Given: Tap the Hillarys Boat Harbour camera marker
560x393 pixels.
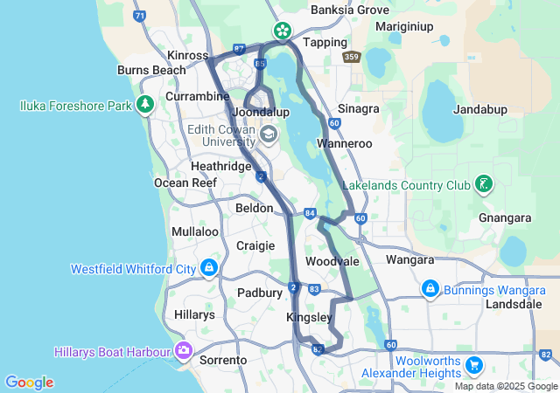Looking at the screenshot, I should (x=184, y=351).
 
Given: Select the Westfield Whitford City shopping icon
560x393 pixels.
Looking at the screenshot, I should (x=208, y=267).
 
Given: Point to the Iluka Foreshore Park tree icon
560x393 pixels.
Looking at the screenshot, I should (x=144, y=105).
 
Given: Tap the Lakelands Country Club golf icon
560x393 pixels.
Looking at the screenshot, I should (x=482, y=184).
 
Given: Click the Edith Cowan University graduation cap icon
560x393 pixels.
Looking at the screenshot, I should (x=267, y=134).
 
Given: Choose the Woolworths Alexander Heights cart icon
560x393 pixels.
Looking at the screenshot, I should (x=473, y=364).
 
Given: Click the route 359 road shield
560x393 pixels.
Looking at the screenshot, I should (x=352, y=57).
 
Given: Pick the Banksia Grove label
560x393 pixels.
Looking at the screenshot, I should (x=350, y=10).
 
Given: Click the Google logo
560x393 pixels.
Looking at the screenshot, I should (x=29, y=383).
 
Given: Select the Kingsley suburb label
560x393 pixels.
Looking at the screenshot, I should (x=310, y=318).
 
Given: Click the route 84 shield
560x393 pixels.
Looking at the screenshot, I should (x=310, y=213).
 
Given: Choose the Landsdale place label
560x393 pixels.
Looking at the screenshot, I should (x=514, y=305).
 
